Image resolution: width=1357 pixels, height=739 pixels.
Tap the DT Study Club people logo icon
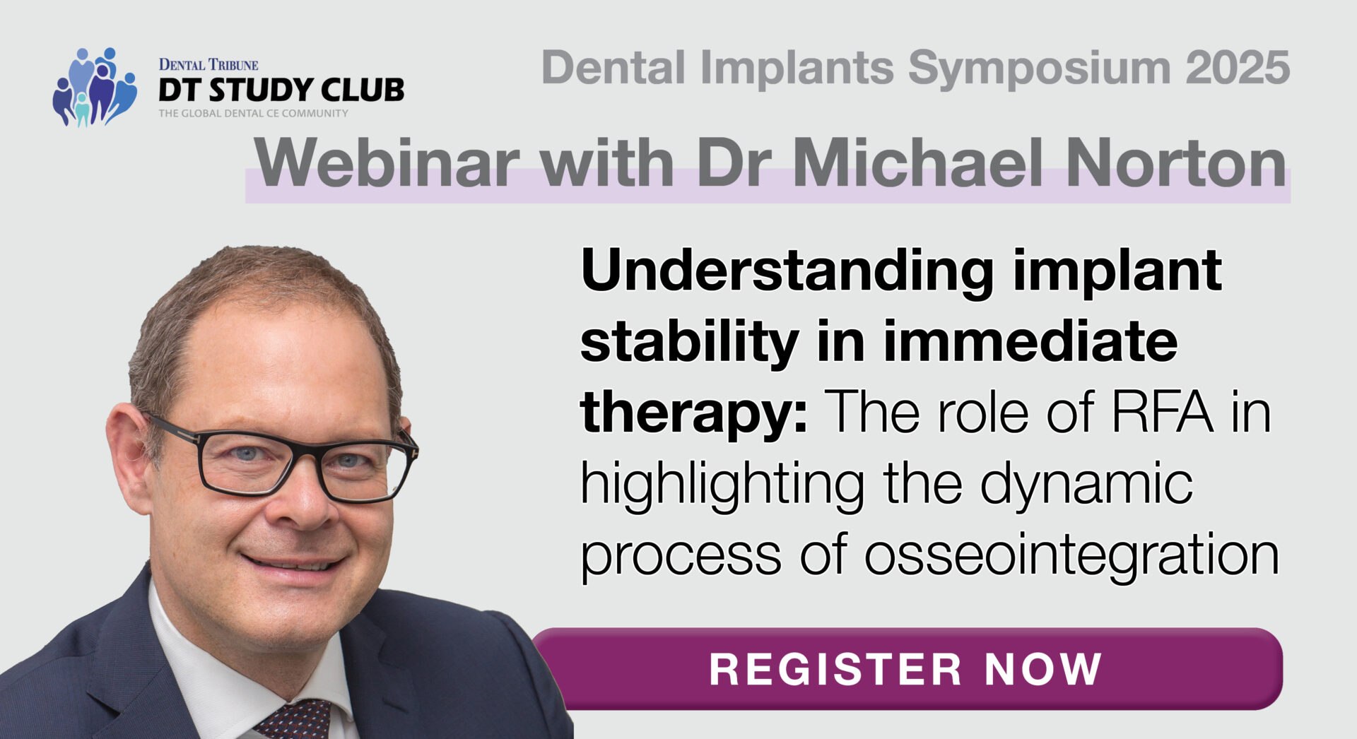95,87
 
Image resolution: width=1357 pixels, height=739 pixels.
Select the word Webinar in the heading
387,163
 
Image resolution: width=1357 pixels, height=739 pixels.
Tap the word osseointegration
1071,555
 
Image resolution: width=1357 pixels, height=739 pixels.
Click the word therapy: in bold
694,415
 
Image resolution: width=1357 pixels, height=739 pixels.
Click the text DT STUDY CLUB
281,90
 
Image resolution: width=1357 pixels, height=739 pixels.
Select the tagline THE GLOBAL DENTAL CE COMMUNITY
253,113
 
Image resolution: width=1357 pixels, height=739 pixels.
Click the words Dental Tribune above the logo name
208,65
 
